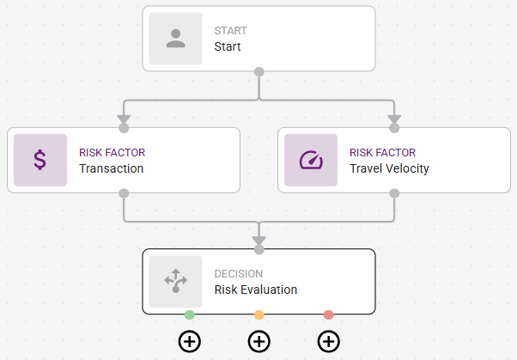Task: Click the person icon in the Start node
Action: pos(176,39)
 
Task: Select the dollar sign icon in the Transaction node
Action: pos(40,161)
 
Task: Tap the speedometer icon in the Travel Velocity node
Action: pos(311,161)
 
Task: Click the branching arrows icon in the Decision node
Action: pos(176,282)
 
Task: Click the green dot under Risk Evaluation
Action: pos(190,315)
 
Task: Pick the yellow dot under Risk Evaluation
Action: pos(259,315)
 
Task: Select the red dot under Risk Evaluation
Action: pos(328,315)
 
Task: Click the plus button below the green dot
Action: pos(190,341)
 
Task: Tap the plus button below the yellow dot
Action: pos(259,341)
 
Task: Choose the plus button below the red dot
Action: pos(328,341)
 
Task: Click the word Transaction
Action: pos(111,168)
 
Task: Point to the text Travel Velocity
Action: pos(389,168)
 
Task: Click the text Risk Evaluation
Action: pos(255,290)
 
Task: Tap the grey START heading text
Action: pos(230,31)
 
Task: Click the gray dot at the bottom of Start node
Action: pos(259,71)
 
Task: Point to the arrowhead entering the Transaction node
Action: pos(124,117)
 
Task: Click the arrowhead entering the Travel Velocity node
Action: pos(394,117)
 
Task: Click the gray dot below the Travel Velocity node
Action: pos(394,193)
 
